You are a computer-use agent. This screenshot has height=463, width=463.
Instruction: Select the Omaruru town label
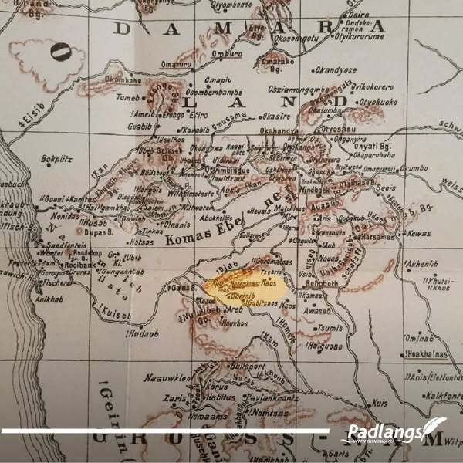point(175,64)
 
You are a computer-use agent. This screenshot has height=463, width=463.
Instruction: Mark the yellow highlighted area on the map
point(247,292)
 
